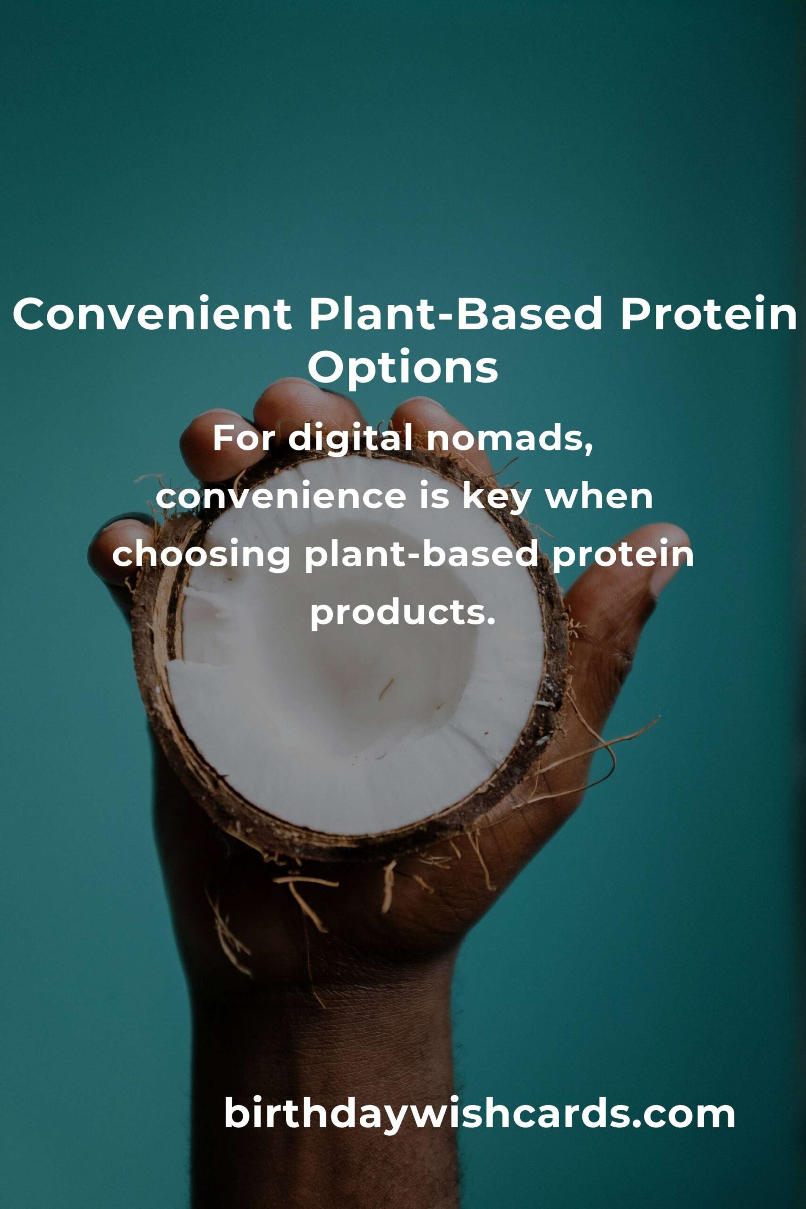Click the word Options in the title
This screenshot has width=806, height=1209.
403,368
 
